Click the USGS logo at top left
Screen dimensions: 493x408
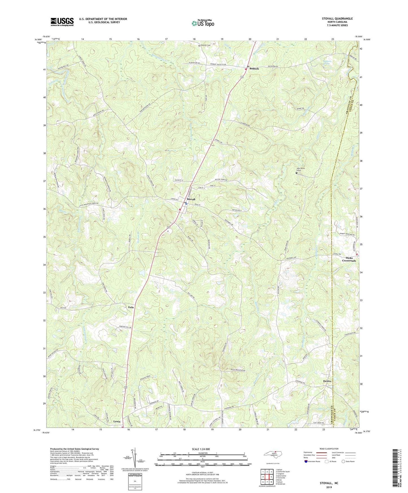(x=62, y=22)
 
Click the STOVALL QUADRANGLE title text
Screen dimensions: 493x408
(x=337, y=19)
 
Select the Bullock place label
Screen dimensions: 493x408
(x=254, y=69)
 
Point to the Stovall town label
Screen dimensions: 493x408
(x=191, y=199)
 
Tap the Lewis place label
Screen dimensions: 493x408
(x=117, y=422)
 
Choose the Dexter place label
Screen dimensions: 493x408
(x=327, y=381)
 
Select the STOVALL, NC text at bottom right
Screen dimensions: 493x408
(x=329, y=483)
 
